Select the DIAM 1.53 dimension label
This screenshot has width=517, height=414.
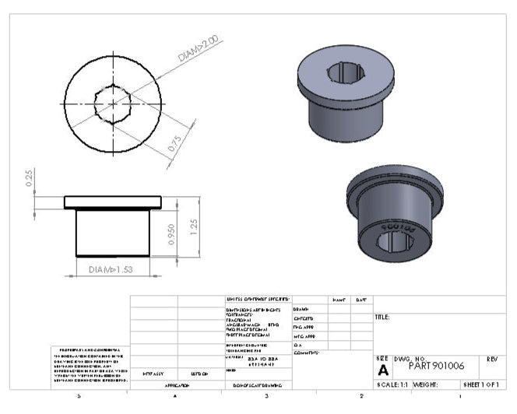(x=111, y=268)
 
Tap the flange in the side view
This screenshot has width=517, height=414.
(x=112, y=202)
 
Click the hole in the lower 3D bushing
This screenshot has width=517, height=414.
(x=396, y=241)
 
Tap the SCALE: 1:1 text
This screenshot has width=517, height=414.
(x=393, y=384)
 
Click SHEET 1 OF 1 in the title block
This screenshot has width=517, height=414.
(x=484, y=384)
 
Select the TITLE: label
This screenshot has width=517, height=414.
(x=382, y=318)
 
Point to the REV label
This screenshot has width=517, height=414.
(x=491, y=359)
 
